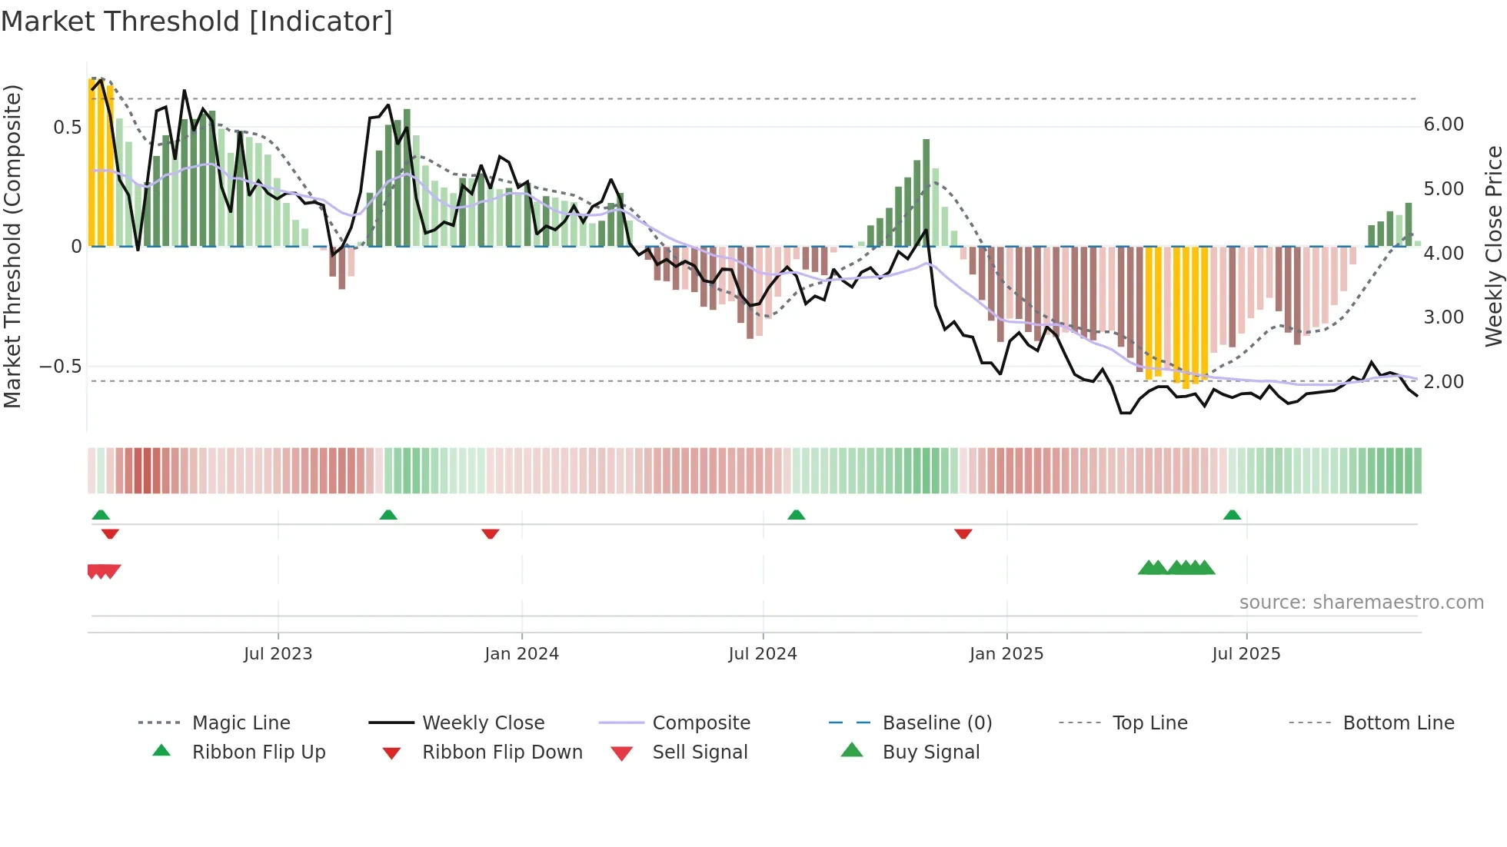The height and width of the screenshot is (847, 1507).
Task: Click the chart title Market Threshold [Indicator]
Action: click(197, 22)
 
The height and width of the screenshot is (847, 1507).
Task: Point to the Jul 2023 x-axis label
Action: click(278, 654)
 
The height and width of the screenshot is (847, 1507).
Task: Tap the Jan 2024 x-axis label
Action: click(521, 654)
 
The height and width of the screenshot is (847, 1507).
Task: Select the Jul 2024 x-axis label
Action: click(762, 654)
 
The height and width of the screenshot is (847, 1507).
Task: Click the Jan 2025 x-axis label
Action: click(1006, 654)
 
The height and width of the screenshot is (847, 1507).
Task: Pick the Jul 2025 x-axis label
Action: click(1246, 654)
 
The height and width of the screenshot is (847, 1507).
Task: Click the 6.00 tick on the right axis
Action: click(1443, 125)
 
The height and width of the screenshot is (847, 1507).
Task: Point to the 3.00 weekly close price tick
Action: click(1443, 317)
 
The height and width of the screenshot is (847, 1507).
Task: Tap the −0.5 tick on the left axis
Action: click(61, 367)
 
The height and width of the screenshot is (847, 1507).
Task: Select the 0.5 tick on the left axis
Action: click(67, 128)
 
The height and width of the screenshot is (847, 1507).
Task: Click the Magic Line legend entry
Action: click(241, 723)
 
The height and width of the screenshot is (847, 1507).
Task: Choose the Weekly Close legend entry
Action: click(483, 723)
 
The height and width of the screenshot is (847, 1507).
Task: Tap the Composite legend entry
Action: click(700, 723)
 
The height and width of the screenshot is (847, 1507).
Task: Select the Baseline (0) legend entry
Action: click(936, 723)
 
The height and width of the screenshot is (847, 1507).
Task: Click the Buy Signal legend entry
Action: click(930, 752)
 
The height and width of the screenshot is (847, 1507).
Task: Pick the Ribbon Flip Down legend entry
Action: click(501, 752)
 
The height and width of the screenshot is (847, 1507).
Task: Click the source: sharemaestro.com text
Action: click(1361, 603)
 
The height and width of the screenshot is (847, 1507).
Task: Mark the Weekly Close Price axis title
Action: click(1493, 246)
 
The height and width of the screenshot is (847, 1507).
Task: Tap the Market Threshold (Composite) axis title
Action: click(12, 246)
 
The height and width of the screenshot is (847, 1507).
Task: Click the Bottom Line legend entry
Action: click(1398, 723)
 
